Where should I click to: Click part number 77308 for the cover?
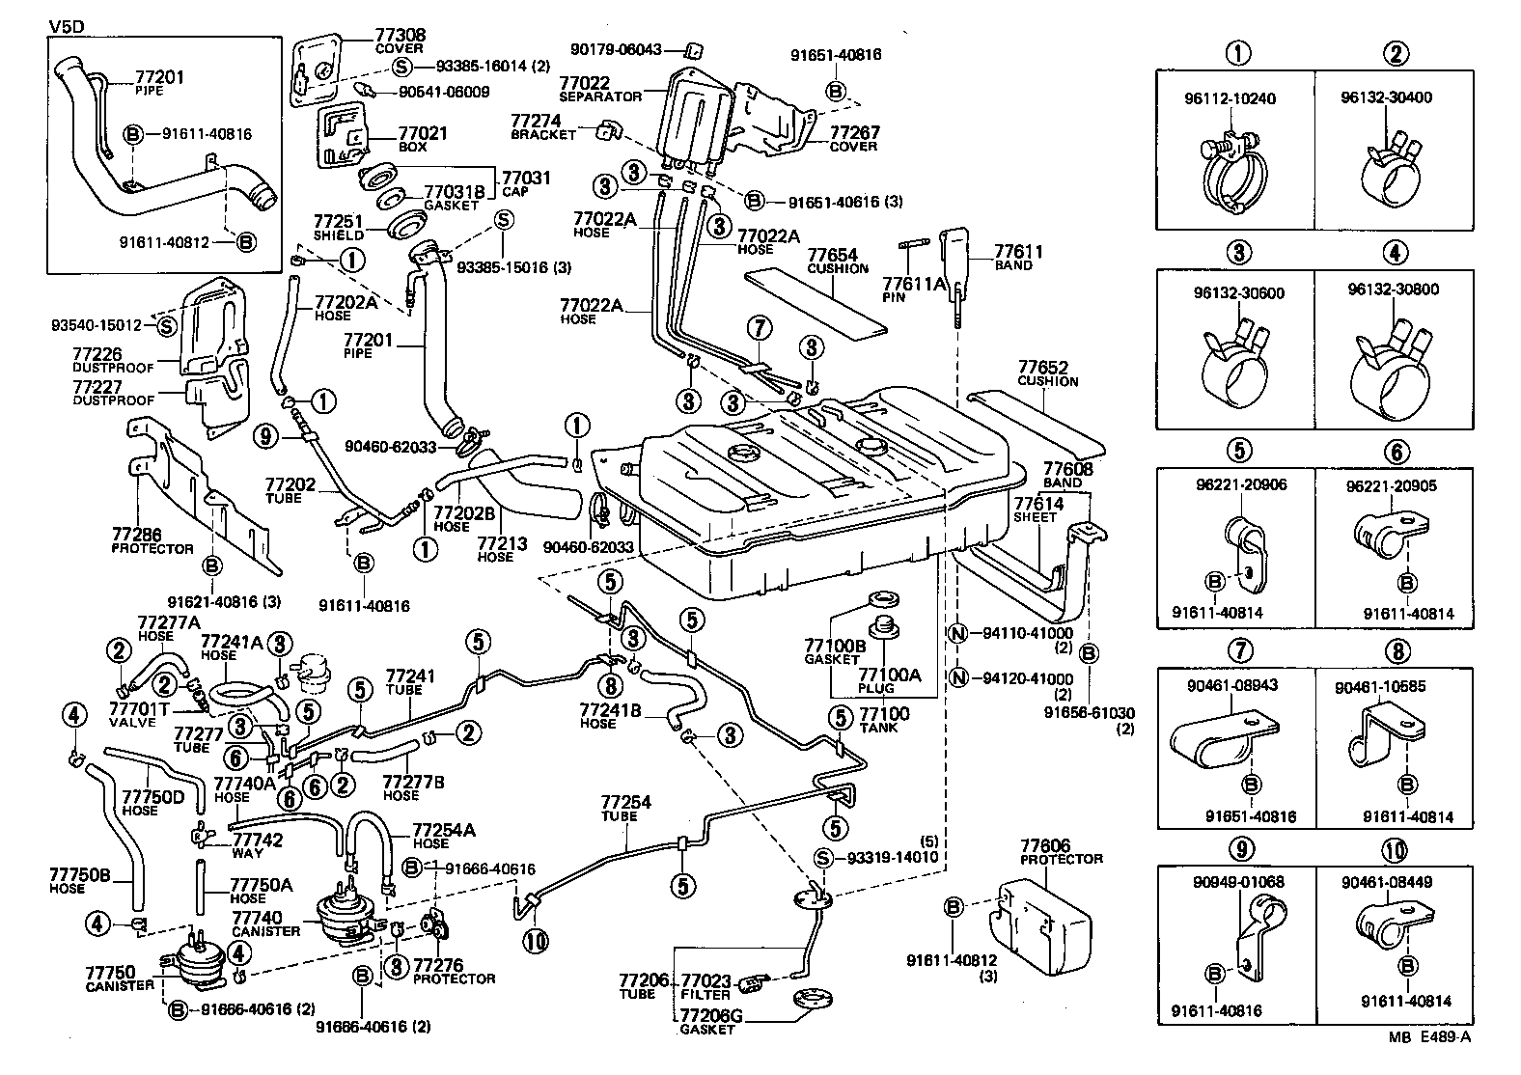click(400, 35)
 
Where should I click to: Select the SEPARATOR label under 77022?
click(599, 96)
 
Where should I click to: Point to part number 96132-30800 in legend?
click(1395, 292)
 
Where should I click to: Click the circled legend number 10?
click(1395, 849)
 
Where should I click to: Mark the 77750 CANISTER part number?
click(110, 972)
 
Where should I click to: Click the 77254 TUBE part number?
click(625, 802)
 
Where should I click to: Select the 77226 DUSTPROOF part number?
click(97, 355)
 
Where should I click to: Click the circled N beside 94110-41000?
click(957, 634)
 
